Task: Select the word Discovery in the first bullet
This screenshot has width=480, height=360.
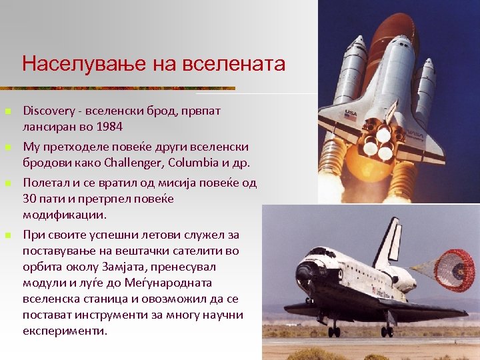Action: [x=47, y=110]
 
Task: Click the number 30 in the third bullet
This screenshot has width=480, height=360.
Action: [x=29, y=199]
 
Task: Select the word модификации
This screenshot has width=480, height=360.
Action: [x=65, y=215]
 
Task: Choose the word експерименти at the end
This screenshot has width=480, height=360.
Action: [x=65, y=331]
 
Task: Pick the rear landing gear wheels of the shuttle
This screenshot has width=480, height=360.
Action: [x=387, y=330]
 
